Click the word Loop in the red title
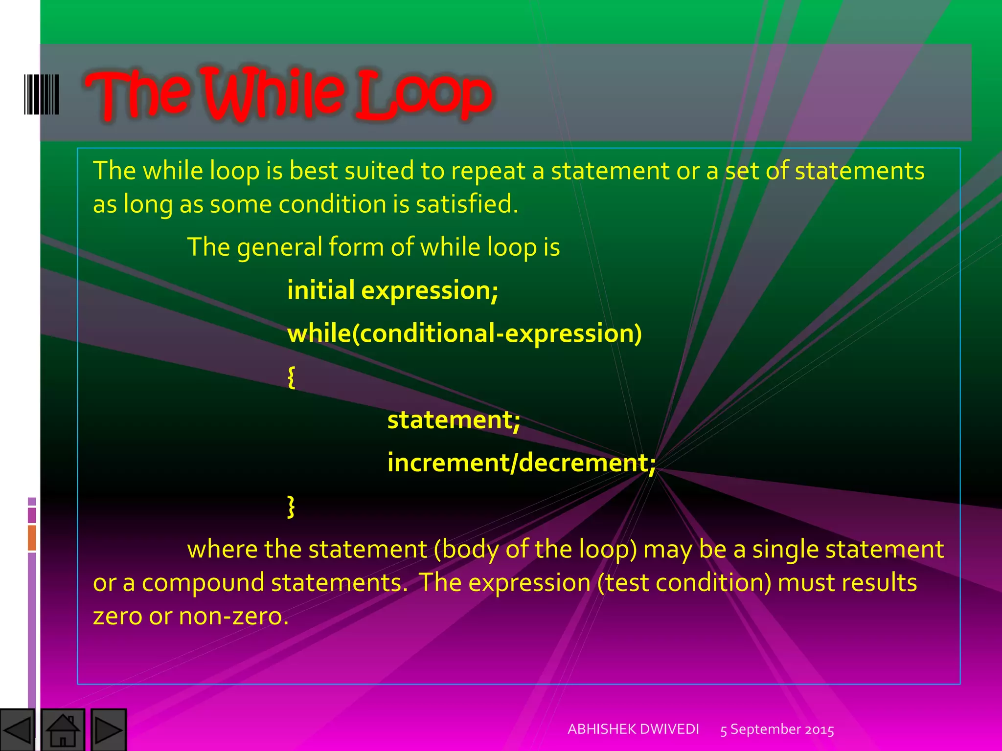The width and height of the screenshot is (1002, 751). pos(423,94)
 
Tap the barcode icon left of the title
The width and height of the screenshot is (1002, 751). pos(42,94)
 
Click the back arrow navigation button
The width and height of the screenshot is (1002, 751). pos(17,730)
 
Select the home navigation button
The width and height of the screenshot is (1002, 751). pos(63,730)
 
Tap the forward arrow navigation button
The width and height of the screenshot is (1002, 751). pos(109,730)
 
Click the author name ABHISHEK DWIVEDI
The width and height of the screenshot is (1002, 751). pos(633,729)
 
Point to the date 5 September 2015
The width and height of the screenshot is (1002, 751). pos(777,729)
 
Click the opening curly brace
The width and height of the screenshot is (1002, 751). pos(291,377)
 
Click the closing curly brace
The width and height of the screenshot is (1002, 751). pos(291,506)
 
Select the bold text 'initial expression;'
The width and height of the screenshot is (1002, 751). pos(392,290)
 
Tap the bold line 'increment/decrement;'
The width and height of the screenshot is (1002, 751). pos(521,463)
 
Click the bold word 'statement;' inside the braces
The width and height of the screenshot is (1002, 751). pos(454,420)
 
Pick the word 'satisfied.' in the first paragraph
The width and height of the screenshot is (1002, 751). pos(467,204)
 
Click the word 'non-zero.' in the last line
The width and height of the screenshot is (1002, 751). pos(233,616)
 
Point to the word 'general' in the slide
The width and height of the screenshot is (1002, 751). pos(279,247)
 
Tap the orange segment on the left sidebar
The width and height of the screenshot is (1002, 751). pos(32,537)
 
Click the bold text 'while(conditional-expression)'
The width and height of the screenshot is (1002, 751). pos(464,333)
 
